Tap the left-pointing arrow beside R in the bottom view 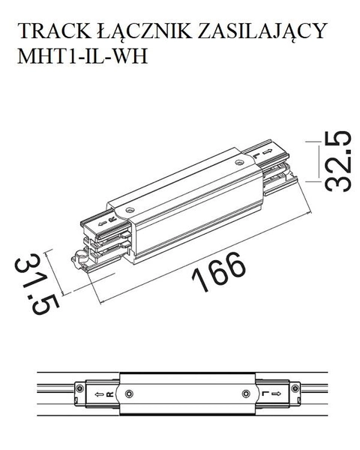(x=98, y=393)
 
